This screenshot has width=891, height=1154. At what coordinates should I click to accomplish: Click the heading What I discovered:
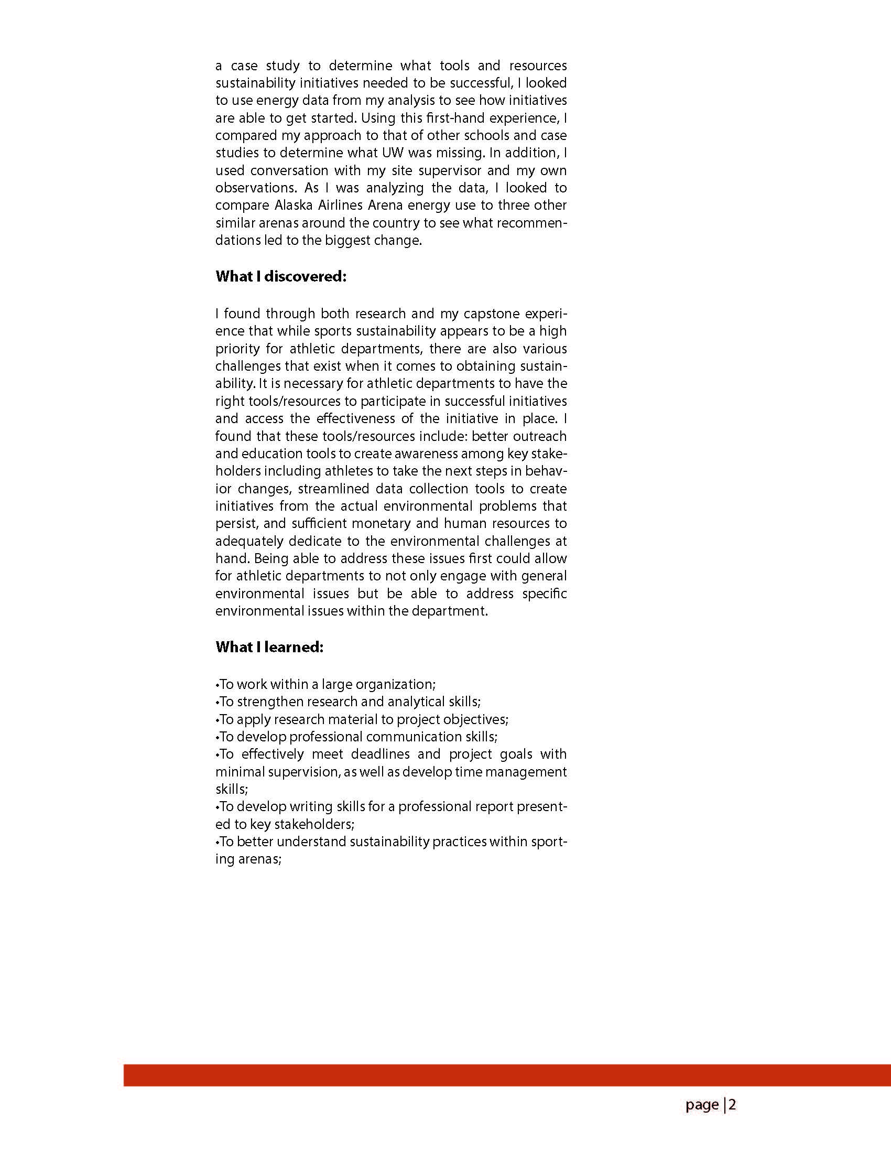[x=280, y=276]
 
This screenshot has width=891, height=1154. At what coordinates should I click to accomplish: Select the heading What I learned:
[x=269, y=647]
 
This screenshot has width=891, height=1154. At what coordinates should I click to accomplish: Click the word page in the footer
[x=702, y=1105]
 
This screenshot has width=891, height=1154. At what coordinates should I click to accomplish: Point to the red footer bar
[x=507, y=1075]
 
